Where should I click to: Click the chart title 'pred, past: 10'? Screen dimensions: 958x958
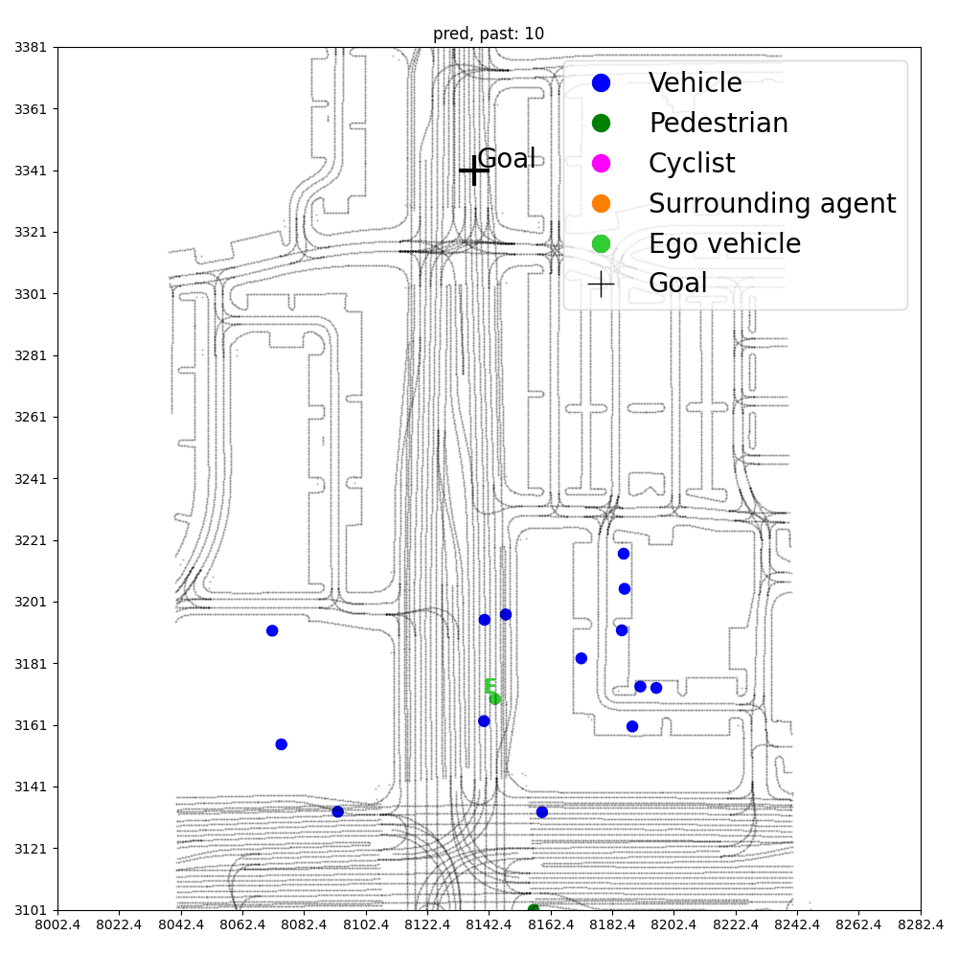(x=489, y=34)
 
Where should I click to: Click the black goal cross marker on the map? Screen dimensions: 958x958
(x=474, y=171)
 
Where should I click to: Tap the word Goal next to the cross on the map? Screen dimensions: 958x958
(x=506, y=159)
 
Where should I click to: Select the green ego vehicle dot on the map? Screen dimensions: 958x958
(x=495, y=698)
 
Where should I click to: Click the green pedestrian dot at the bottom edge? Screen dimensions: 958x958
(x=534, y=908)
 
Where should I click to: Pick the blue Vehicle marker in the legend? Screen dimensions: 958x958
(x=601, y=83)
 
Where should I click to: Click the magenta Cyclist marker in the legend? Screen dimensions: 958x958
(x=601, y=164)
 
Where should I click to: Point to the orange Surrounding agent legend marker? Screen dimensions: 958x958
(x=601, y=204)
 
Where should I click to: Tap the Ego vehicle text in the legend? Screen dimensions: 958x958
(x=724, y=244)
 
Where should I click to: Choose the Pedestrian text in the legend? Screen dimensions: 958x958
(x=718, y=124)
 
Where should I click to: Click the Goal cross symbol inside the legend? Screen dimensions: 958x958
(x=601, y=285)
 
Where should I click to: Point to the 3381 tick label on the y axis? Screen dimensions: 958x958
(x=32, y=47)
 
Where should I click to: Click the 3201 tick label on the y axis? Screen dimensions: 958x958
(x=32, y=602)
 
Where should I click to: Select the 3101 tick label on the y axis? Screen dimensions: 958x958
(x=32, y=910)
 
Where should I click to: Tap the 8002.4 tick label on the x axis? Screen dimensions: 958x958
(x=57, y=926)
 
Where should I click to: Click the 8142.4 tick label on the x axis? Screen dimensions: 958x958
(x=489, y=926)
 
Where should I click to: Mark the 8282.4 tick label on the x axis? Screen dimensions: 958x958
(x=920, y=926)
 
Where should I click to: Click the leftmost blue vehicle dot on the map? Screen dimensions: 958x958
(x=272, y=630)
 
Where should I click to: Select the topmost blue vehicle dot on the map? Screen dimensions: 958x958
(x=624, y=554)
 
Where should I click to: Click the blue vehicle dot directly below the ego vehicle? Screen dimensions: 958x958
(x=484, y=721)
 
